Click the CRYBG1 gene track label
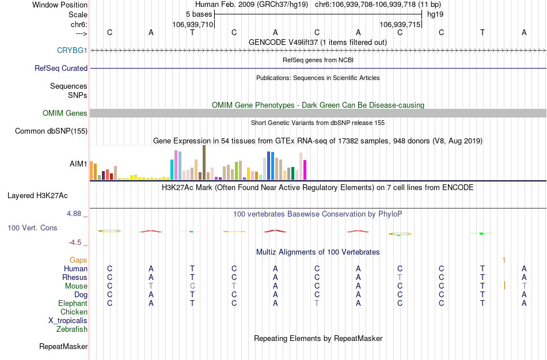click(x=72, y=51)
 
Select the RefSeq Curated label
click(x=61, y=69)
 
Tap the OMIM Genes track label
click(x=65, y=113)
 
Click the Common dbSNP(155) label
click(x=51, y=131)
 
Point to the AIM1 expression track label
click(x=78, y=164)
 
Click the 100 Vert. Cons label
click(x=32, y=228)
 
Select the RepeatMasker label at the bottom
click(x=63, y=347)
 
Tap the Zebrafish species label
click(x=72, y=329)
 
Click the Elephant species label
click(x=73, y=304)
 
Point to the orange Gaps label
click(x=78, y=260)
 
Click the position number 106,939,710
click(x=192, y=25)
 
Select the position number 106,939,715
click(x=400, y=25)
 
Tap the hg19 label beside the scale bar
click(x=435, y=14)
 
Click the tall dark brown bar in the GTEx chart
click(x=204, y=162)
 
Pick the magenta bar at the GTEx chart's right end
click(x=305, y=170)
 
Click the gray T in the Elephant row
click(x=317, y=304)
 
